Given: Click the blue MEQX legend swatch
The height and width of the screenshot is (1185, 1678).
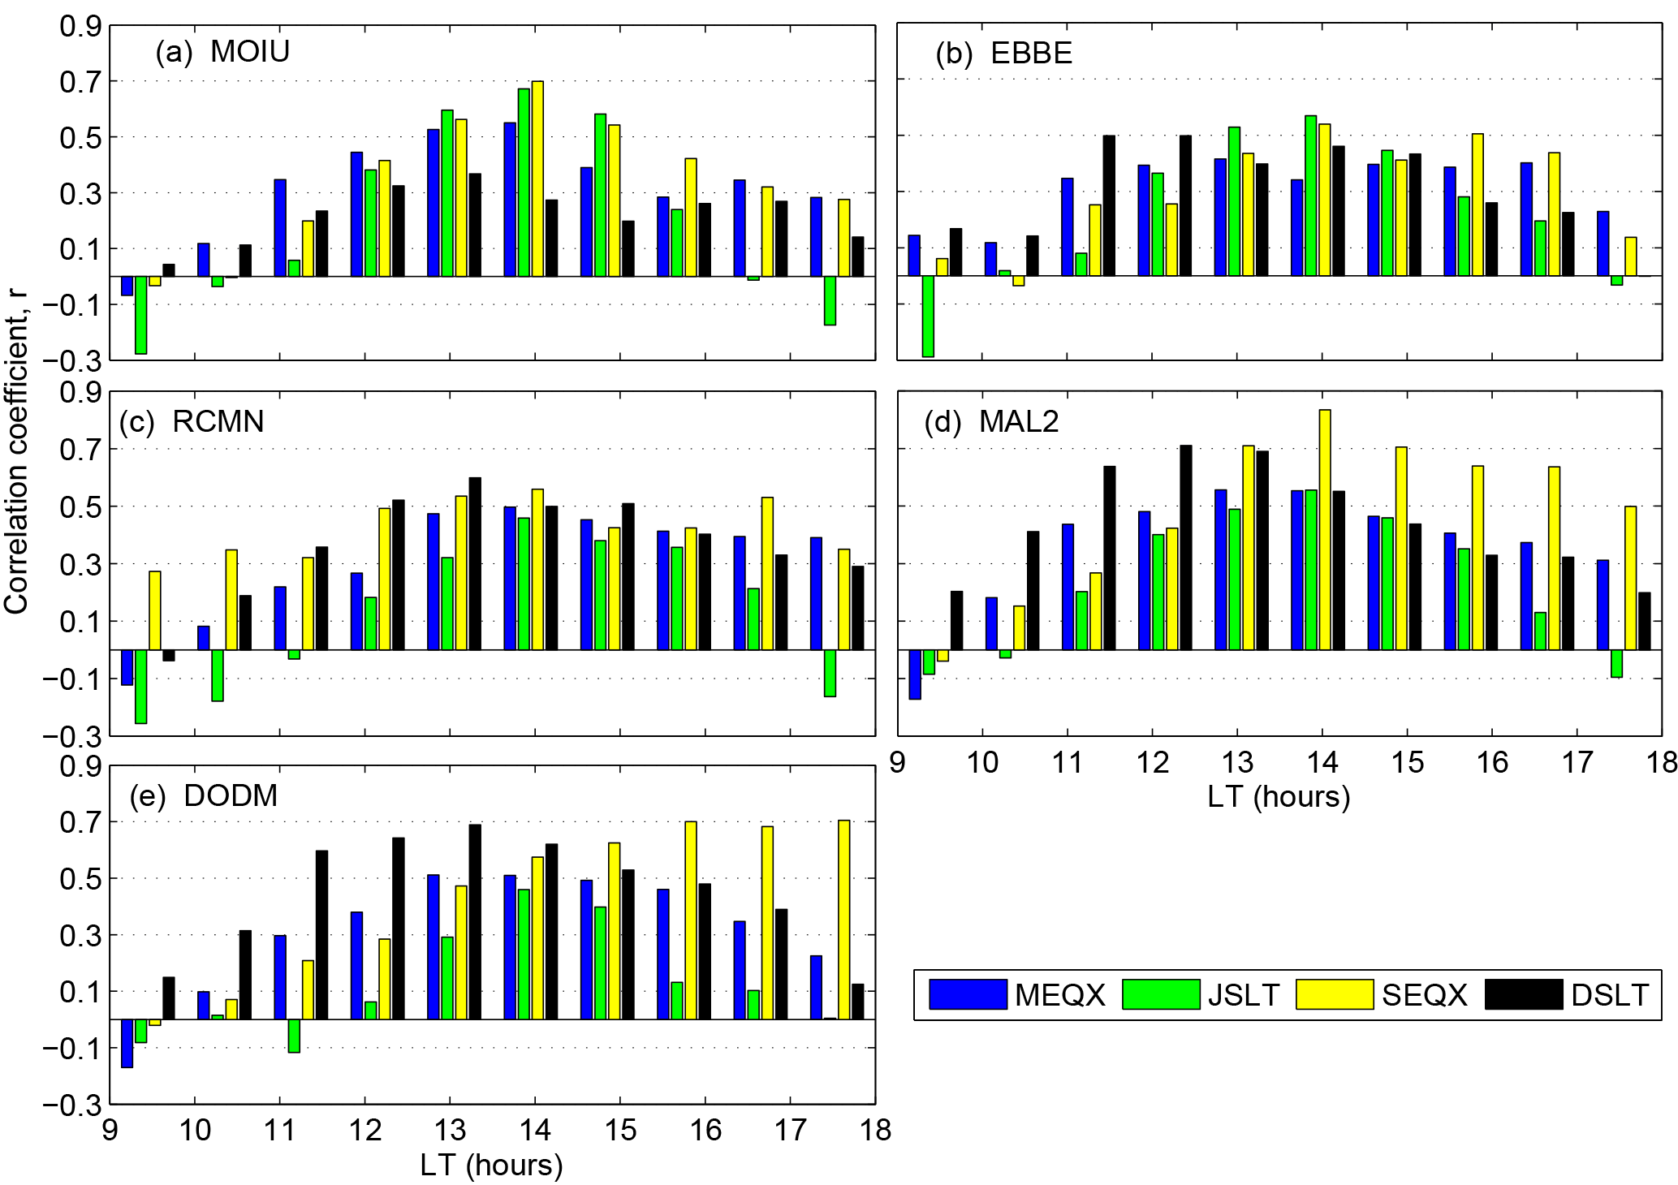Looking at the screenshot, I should point(968,994).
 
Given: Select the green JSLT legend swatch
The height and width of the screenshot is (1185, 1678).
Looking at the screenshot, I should point(1160,994).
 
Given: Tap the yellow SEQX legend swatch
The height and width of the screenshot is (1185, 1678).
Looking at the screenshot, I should point(1334,994).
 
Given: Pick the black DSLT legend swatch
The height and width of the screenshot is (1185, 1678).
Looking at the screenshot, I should point(1523,994).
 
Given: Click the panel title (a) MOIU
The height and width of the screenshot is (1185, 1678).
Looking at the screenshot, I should point(222,52).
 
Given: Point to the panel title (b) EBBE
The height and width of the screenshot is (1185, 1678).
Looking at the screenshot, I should point(1004,54).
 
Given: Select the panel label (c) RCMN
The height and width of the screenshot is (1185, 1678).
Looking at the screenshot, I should point(192,422).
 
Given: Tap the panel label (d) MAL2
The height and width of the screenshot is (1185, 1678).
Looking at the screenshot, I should point(992,422).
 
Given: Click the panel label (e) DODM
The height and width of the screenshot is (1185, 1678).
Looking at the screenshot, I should point(204,795).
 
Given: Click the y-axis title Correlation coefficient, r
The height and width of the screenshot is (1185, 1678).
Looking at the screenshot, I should point(16,452).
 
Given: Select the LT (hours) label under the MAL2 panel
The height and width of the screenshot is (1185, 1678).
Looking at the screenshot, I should point(1279,797).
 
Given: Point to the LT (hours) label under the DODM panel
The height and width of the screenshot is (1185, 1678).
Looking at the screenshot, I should point(491,1166).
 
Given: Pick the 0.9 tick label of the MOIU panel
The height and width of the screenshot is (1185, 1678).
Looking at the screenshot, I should point(80,27).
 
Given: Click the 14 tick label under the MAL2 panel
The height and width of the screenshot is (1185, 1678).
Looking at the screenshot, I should point(1322,763).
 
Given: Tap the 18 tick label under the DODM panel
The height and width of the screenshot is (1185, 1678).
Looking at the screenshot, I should point(875,1131).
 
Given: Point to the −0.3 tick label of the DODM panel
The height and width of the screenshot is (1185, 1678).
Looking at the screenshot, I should point(72,1105).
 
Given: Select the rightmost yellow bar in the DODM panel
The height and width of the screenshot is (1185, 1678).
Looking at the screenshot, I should point(844,920).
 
